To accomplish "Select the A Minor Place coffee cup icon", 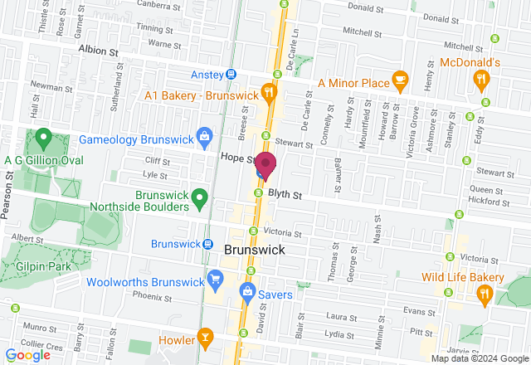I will click(x=401, y=80).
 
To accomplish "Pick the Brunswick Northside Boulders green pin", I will click(x=199, y=198).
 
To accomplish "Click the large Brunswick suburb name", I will click(x=255, y=250).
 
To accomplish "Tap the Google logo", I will click(x=27, y=355).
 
